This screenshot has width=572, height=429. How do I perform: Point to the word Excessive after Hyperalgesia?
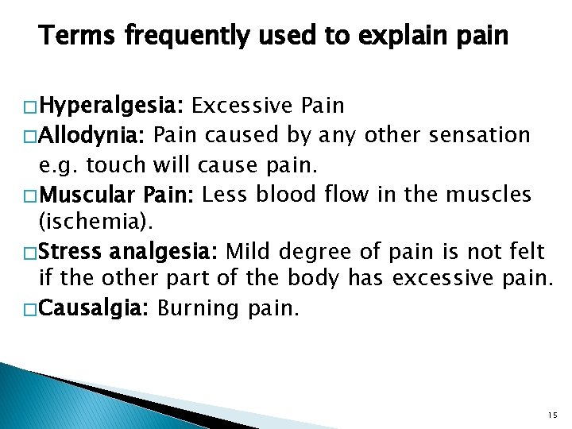click(x=242, y=105)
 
